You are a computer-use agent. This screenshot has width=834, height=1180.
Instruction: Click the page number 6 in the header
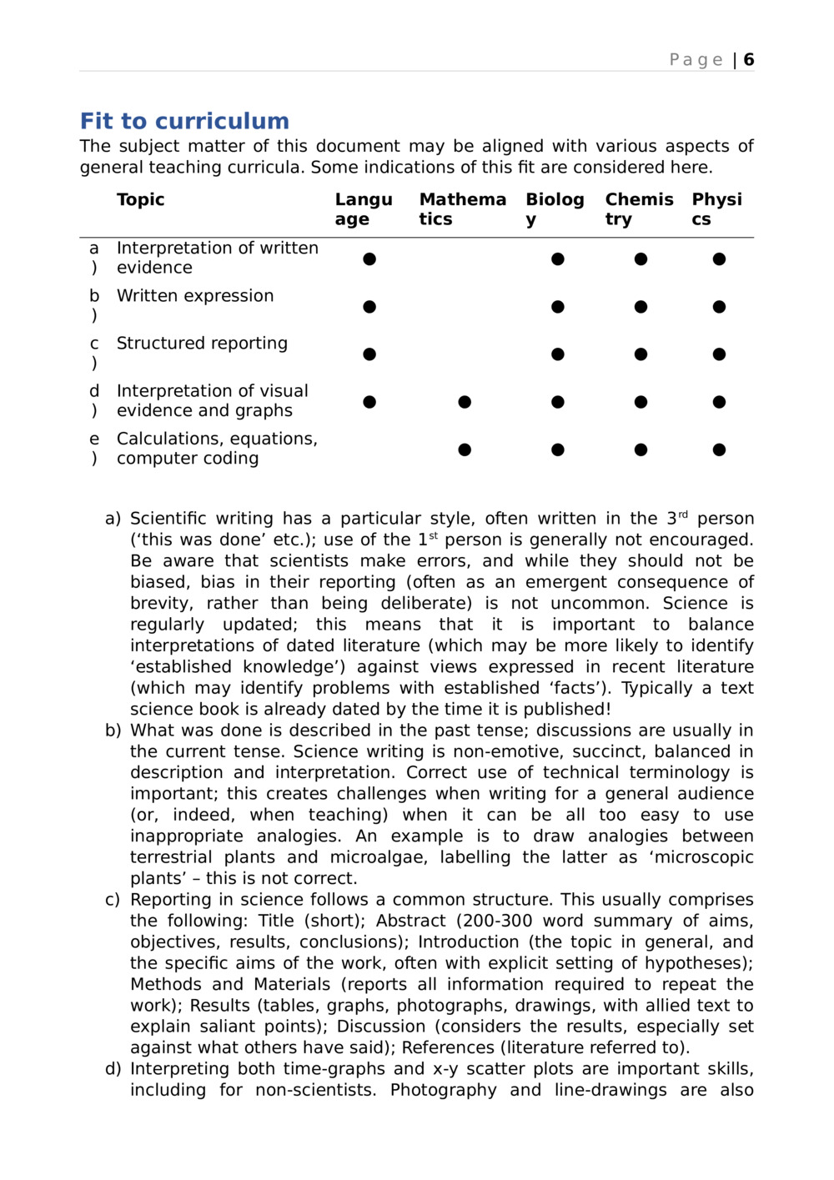(749, 60)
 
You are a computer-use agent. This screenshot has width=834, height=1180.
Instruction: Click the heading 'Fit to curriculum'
(184, 122)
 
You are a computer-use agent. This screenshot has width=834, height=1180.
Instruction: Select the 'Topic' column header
(140, 200)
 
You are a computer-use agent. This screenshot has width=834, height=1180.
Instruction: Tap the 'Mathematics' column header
(462, 209)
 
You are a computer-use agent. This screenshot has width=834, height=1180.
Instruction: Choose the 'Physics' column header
(716, 209)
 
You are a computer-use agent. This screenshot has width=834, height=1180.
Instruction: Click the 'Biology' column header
(555, 209)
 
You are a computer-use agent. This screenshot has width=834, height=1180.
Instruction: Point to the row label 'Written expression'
(195, 296)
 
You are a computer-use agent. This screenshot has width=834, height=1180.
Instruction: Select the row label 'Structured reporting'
(202, 344)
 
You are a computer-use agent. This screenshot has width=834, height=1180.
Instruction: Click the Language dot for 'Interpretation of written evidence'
(369, 259)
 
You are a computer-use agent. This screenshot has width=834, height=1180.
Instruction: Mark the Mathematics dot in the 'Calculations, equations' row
(465, 450)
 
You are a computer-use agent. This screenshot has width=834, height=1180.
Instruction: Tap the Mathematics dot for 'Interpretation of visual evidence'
(465, 403)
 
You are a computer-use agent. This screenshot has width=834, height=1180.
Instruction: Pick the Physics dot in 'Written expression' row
(719, 307)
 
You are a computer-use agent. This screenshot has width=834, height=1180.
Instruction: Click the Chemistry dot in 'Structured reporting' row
(641, 354)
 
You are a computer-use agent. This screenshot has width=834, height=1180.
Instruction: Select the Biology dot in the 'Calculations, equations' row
(558, 450)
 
